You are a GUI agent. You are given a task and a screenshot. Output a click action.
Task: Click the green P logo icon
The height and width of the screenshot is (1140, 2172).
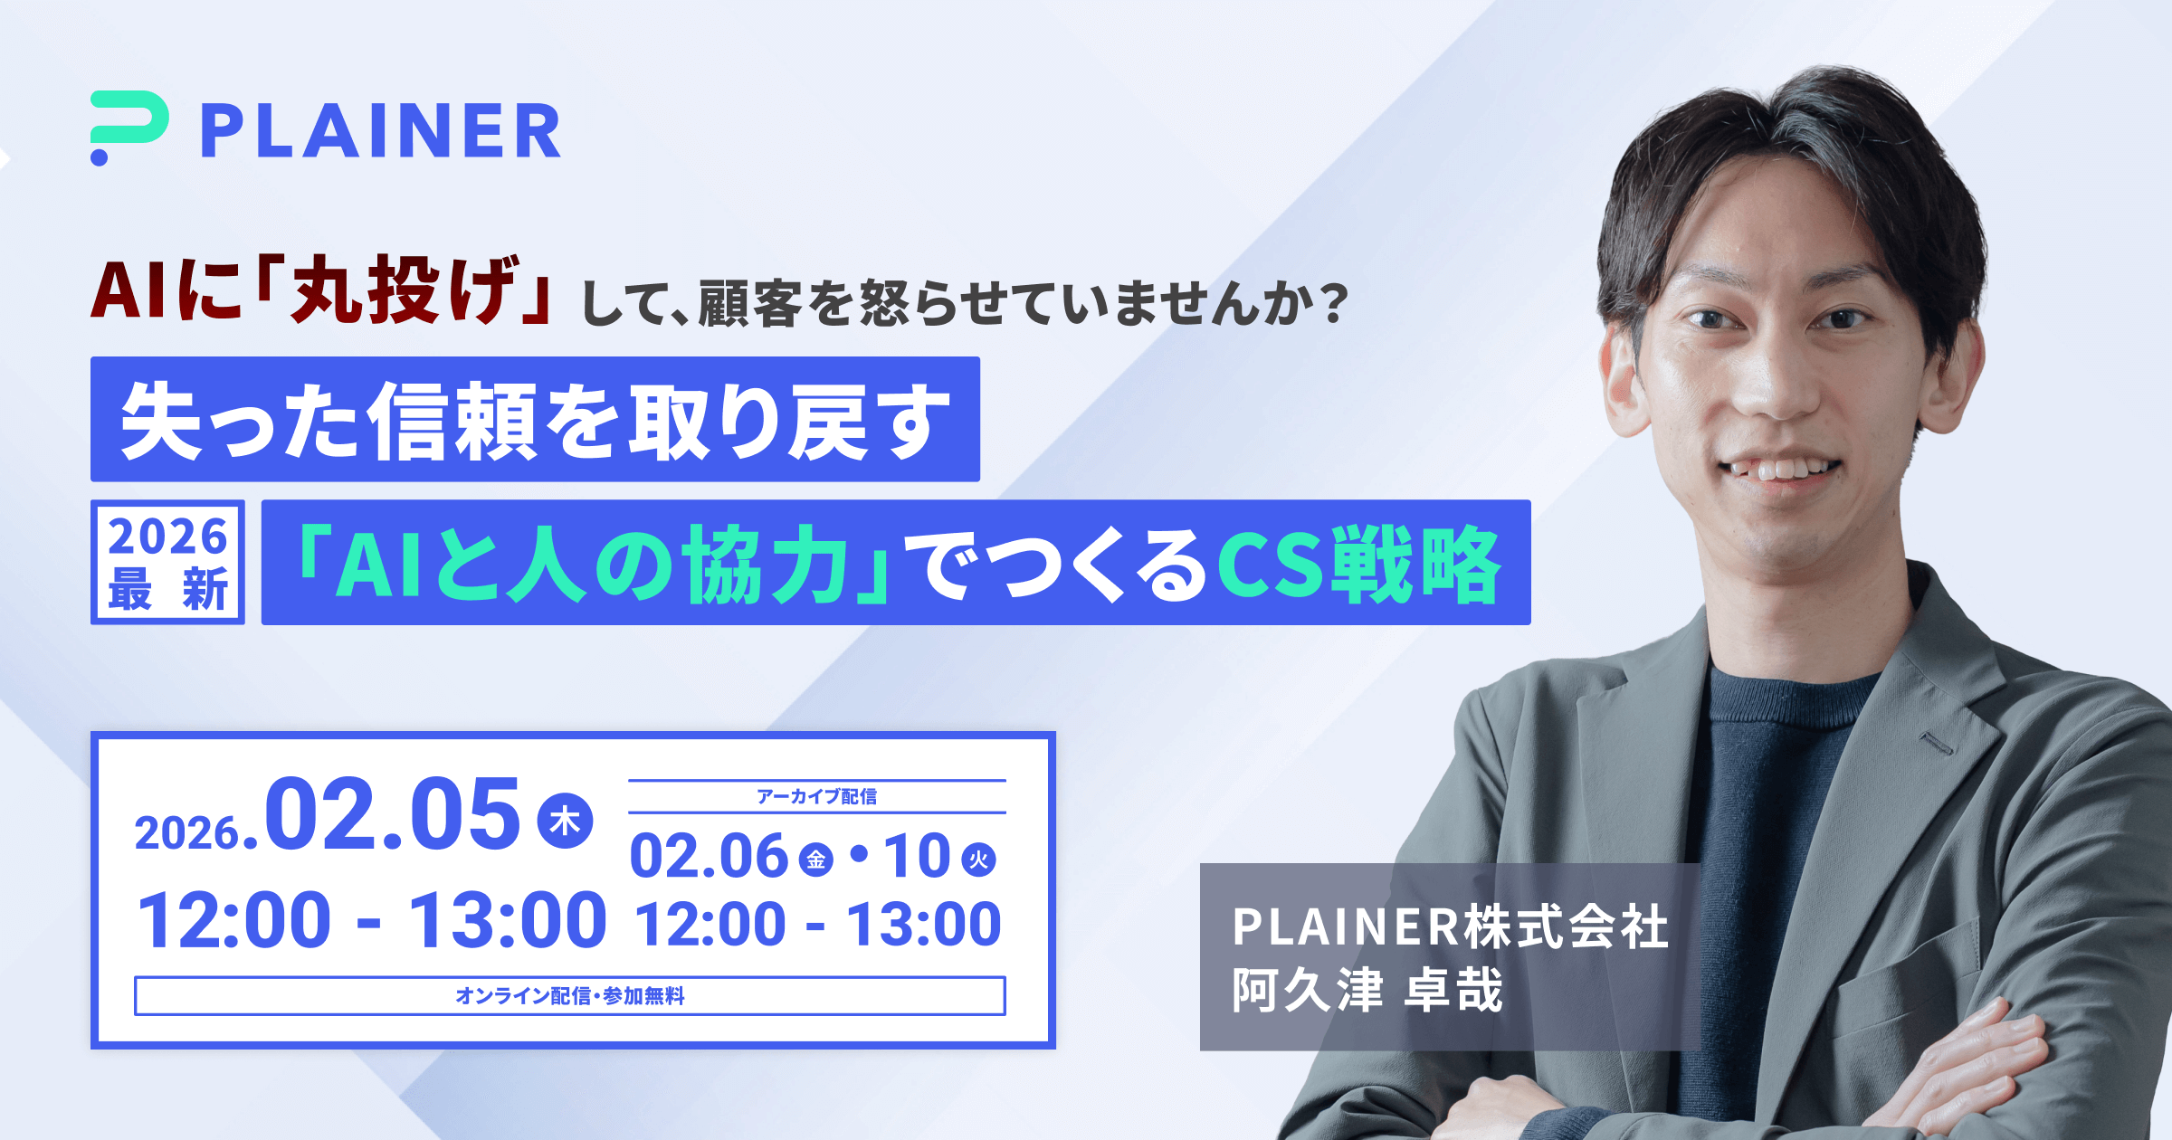129,127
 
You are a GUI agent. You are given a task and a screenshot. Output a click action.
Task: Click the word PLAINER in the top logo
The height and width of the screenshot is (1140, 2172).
381,131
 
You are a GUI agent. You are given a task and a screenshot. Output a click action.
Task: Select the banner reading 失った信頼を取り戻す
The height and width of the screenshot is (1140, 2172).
535,419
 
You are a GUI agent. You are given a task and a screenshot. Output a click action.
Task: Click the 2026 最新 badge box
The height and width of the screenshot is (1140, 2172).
167,562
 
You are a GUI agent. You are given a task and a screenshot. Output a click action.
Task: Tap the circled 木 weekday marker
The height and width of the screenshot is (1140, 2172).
566,821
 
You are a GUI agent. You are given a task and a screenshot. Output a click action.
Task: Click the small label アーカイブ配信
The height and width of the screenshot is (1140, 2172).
816,796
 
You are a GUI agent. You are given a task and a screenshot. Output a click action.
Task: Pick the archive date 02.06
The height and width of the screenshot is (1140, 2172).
709,856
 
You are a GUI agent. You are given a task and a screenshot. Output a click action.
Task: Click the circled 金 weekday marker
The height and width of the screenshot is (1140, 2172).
815,860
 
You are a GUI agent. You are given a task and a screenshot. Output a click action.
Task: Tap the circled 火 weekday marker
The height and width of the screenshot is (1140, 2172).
978,860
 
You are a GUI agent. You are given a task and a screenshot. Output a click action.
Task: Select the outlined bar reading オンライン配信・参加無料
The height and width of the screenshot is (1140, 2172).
570,995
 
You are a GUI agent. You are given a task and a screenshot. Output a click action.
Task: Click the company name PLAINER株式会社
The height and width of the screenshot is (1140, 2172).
1451,927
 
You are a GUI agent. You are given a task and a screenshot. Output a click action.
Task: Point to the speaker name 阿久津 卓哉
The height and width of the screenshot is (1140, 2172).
1367,991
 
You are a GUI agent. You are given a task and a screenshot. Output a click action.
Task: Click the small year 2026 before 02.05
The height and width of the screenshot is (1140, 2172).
187,832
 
